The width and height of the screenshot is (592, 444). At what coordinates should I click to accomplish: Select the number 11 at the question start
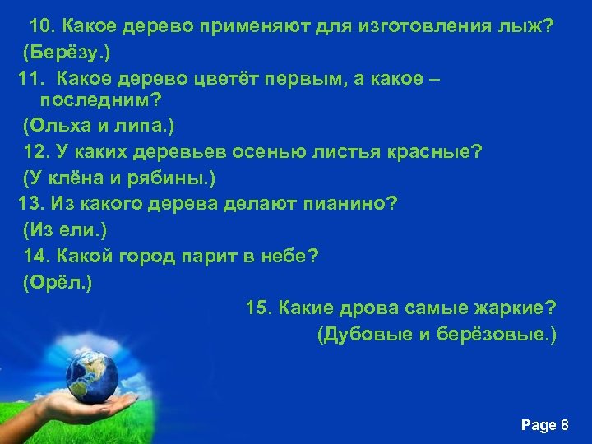(x=30, y=79)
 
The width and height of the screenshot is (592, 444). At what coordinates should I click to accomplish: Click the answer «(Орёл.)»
(x=58, y=282)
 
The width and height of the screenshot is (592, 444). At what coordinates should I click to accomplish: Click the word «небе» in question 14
(x=284, y=256)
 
